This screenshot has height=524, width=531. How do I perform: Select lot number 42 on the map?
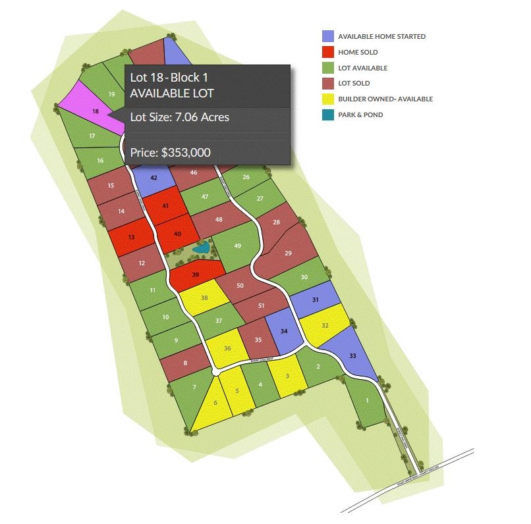click(x=153, y=178)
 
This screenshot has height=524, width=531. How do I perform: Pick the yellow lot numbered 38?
click(x=205, y=298)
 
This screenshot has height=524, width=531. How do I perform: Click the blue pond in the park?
click(x=203, y=249)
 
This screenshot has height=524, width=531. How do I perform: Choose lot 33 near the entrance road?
click(x=352, y=355)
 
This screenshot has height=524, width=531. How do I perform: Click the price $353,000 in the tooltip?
click(x=170, y=152)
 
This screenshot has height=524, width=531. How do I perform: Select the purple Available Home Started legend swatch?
click(x=328, y=36)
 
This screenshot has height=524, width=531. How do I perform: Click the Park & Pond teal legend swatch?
click(x=328, y=115)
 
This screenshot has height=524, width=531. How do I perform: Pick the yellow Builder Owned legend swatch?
click(x=328, y=99)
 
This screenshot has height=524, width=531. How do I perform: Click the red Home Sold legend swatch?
click(x=328, y=52)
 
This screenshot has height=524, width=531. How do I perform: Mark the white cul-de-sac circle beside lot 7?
click(x=215, y=373)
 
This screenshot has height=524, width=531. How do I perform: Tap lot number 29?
click(x=287, y=253)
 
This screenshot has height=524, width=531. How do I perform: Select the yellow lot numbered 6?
click(x=215, y=402)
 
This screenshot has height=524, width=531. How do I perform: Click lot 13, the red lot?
click(x=131, y=237)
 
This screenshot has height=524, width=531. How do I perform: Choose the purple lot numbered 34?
click(x=284, y=331)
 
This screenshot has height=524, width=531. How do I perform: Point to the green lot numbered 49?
click(x=237, y=246)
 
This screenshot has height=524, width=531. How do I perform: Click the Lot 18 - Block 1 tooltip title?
click(x=171, y=78)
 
